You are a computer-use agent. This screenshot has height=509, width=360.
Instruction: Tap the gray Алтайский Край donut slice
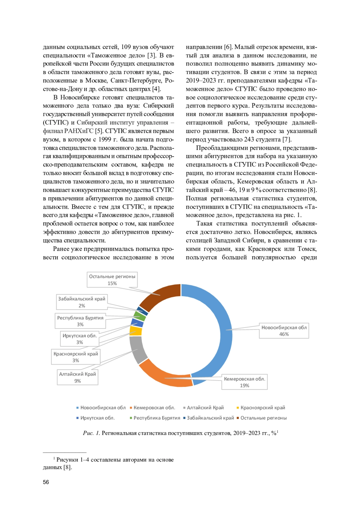point(137,349)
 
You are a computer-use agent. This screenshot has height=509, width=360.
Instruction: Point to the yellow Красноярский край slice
point(136,331)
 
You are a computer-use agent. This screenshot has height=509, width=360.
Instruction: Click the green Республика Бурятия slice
point(139,316)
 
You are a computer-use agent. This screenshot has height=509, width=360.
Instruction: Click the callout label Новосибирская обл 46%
point(284,331)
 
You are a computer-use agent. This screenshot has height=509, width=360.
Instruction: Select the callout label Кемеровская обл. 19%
point(244,382)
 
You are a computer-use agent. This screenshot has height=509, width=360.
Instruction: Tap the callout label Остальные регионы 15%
point(112,280)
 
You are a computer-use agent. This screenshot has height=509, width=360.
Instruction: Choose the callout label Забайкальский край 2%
point(82,302)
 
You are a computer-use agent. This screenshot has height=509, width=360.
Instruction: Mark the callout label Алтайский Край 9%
point(78,377)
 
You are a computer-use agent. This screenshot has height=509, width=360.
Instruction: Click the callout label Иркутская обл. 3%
point(80,339)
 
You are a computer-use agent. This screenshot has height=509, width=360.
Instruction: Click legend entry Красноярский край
point(262,408)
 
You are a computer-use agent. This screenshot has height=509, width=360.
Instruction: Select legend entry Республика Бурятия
point(157,418)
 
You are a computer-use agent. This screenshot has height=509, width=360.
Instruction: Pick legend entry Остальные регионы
point(263,418)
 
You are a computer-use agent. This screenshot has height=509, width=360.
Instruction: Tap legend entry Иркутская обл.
point(97,418)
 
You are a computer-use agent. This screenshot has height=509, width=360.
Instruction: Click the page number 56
point(46,482)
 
